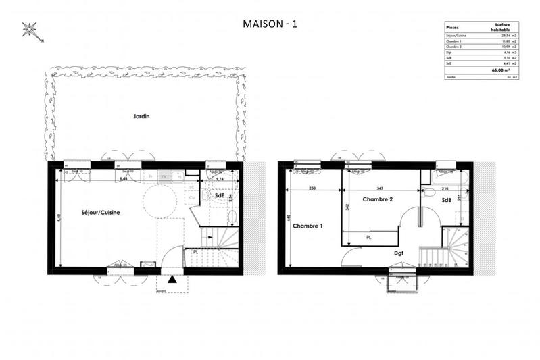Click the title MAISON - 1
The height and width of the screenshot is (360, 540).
(x=270, y=24)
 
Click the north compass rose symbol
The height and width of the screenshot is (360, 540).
(x=30, y=29)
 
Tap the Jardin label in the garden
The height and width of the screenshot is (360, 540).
(x=141, y=116)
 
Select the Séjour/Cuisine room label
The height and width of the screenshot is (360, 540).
(x=101, y=212)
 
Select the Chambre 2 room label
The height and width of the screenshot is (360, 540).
(x=377, y=199)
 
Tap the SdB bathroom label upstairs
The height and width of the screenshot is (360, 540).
(x=447, y=201)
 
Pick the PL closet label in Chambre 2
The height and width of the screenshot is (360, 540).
(x=369, y=237)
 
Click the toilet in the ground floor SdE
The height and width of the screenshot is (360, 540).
(x=232, y=215)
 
